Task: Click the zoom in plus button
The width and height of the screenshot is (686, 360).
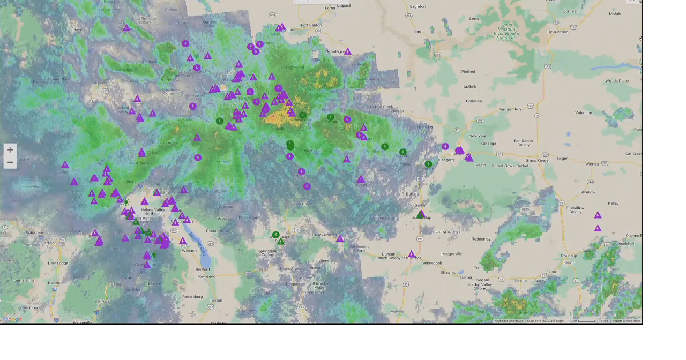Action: (x=10, y=150)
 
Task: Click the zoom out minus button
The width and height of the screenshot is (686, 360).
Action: (x=10, y=162)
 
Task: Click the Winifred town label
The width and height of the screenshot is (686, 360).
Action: (x=467, y=71)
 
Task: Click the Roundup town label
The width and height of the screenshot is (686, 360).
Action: (x=569, y=256)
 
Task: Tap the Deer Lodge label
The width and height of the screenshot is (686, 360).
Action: (x=57, y=263)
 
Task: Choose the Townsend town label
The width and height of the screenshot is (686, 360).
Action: (x=206, y=276)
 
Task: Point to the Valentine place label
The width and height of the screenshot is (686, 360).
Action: (x=584, y=113)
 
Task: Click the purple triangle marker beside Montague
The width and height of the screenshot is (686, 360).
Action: (x=348, y=51)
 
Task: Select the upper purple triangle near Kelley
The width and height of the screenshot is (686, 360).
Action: (x=598, y=215)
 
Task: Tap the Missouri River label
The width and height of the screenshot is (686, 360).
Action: (x=198, y=244)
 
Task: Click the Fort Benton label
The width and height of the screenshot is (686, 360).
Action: (x=311, y=25)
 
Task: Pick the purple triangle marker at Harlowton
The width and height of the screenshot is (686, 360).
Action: (x=411, y=254)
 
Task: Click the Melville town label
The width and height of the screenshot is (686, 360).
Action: (x=397, y=311)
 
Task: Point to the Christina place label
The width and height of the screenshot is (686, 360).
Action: (x=473, y=101)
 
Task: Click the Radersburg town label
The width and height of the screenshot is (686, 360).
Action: (x=192, y=296)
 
